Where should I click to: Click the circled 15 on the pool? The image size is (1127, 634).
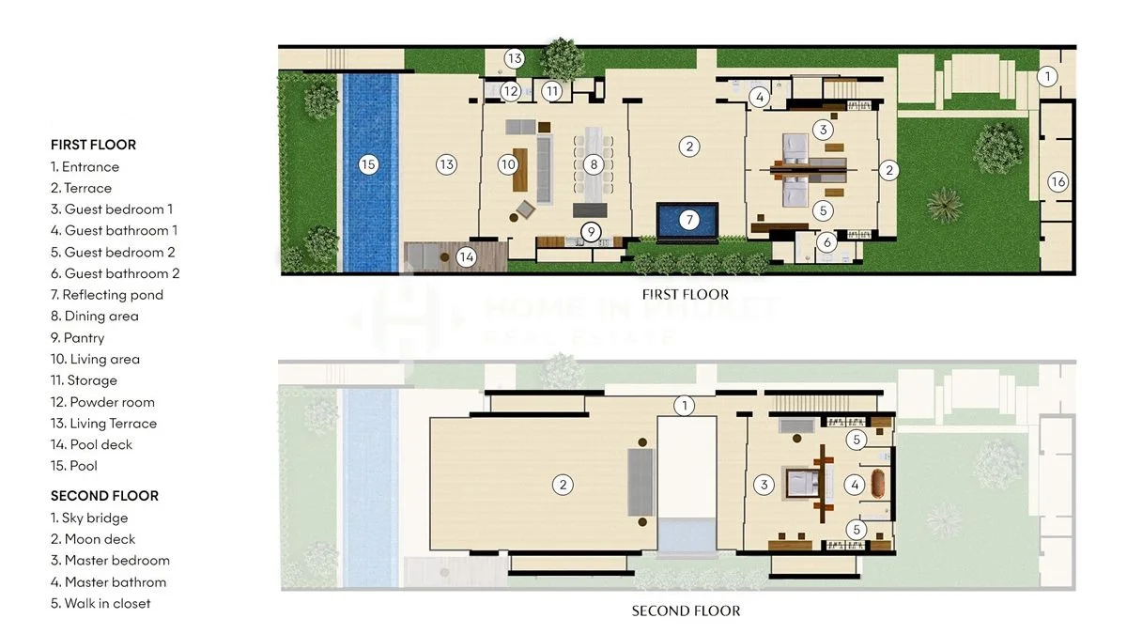[x=368, y=164]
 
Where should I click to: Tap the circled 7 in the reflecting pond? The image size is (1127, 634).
[x=689, y=220]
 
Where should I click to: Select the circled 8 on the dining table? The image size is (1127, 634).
[x=594, y=164]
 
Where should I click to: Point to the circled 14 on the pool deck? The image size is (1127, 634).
[x=467, y=257]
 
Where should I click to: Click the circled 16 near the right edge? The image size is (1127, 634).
[x=1058, y=181]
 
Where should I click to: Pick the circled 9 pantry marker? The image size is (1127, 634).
[x=591, y=232]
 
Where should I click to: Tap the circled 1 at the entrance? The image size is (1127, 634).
[x=1047, y=76]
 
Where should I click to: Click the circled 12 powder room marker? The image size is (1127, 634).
[x=511, y=91]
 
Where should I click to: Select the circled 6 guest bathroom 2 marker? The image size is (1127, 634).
[x=826, y=242]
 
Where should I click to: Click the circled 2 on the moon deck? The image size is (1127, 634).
[x=563, y=485]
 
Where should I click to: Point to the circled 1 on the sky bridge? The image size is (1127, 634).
[x=685, y=406]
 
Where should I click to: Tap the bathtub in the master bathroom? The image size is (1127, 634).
[x=877, y=484]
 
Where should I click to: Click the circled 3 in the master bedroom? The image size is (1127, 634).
[x=764, y=485]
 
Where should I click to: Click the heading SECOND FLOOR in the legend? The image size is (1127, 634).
[x=104, y=496]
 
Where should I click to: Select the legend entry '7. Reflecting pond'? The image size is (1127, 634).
[x=107, y=295]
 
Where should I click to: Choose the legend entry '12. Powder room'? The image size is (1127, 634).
[x=102, y=402]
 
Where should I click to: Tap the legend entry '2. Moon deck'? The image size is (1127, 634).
[x=93, y=539]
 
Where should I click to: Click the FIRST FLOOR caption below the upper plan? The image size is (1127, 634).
[x=686, y=294]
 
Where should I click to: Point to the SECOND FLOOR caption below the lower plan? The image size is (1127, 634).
[x=686, y=611]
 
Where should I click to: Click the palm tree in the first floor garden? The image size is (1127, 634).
[x=945, y=205]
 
